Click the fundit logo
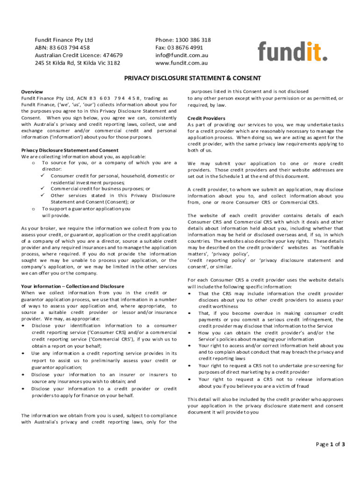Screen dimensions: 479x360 292,51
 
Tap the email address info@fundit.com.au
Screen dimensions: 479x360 181,55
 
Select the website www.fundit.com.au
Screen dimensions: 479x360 181,63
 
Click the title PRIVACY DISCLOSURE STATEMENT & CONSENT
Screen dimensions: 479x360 192,78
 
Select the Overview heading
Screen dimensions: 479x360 32,92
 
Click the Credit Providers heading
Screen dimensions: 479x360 206,118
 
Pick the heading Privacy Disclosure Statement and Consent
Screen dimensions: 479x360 70,150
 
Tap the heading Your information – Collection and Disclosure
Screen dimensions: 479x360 72,286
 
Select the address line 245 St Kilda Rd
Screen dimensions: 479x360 77,63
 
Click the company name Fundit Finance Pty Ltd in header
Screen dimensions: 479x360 64,40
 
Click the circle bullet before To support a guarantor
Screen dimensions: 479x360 32,209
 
